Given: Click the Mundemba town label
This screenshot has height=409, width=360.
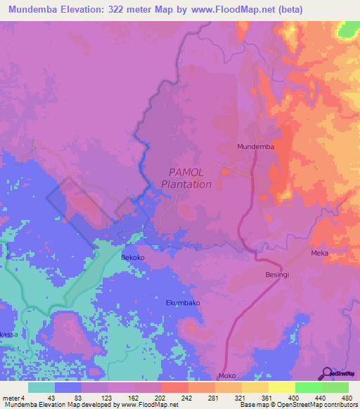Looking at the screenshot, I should pyautogui.click(x=255, y=146).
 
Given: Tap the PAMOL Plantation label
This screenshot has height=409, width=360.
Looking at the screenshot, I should pyautogui.click(x=186, y=178).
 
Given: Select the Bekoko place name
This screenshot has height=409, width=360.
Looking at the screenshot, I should pyautogui.click(x=133, y=258).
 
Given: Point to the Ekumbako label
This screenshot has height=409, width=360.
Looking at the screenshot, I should pyautogui.click(x=183, y=303).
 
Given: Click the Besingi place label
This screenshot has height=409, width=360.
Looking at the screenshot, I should pyautogui.click(x=277, y=275).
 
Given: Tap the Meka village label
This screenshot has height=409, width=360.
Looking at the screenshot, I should pyautogui.click(x=320, y=253).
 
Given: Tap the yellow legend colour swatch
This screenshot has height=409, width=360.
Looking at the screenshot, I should pyautogui.click(x=281, y=387).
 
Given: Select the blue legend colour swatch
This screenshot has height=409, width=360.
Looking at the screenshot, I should pyautogui.click(x=68, y=387).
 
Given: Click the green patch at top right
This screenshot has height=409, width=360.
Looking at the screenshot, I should pyautogui.click(x=349, y=30).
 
